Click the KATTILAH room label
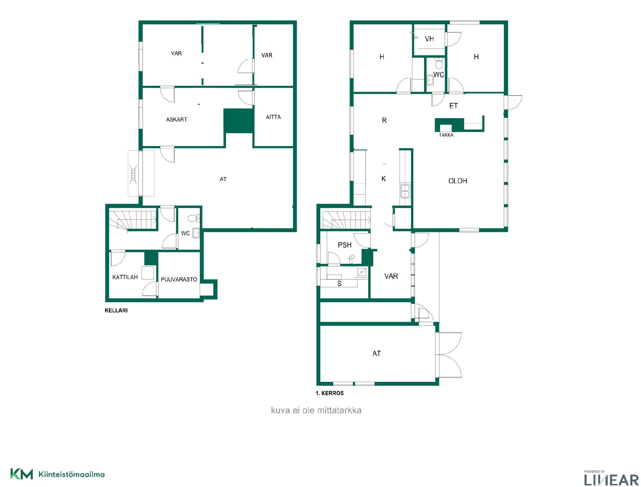coord(125,277)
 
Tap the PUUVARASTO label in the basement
coord(179,280)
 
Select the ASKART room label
coord(177,119)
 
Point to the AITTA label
coord(273,117)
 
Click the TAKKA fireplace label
coord(446,135)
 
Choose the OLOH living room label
coord(458,181)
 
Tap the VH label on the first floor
coord(429,39)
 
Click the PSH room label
coord(345,245)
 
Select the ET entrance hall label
coord(453,106)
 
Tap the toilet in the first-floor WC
coord(439,63)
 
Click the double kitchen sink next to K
coord(405,191)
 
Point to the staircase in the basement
coord(133,220)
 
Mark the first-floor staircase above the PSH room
coord(347,220)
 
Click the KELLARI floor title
coord(116,310)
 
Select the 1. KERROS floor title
coord(330,393)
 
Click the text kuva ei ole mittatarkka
coord(316,410)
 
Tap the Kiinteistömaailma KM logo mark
coord(22,474)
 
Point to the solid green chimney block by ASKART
coord(238,121)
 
